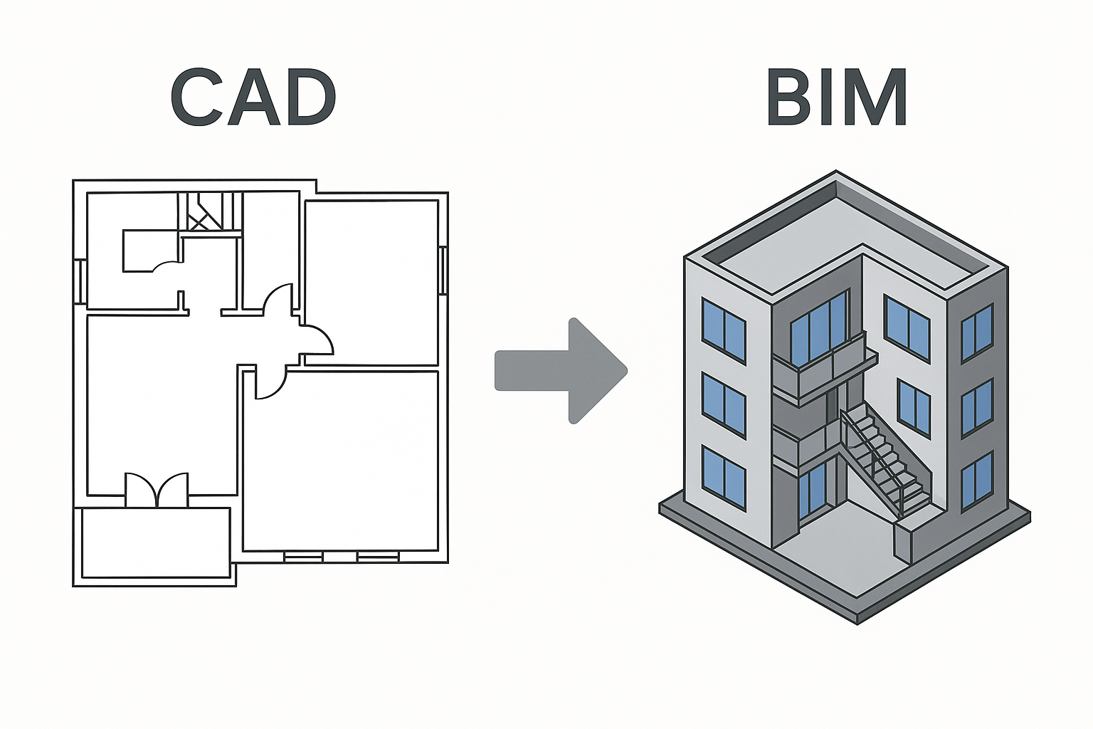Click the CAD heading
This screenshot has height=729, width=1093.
click(x=253, y=98)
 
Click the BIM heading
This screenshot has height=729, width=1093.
click(x=836, y=98)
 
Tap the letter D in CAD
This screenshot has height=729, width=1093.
click(x=307, y=98)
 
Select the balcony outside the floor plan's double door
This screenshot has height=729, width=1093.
click(x=156, y=542)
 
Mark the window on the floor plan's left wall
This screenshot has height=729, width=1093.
click(x=80, y=281)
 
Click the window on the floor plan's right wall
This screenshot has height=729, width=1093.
click(x=443, y=271)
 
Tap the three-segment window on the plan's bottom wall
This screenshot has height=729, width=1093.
click(x=341, y=556)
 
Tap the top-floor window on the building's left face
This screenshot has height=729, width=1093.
click(x=723, y=331)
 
